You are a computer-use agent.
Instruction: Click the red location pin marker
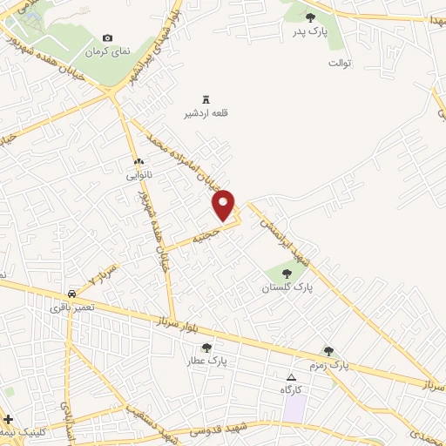pos(225,205)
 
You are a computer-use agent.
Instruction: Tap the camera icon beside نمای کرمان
pos(107,37)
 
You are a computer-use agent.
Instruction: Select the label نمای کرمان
pos(107,52)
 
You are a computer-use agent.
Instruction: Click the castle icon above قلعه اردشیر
pos(206,98)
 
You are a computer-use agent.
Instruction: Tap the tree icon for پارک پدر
pos(309,17)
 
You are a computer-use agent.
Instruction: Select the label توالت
pos(339,64)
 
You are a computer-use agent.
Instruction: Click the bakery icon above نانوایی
pos(139,161)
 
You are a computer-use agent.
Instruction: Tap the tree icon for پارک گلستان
pos(287,273)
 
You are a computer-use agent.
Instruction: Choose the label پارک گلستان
pos(287,287)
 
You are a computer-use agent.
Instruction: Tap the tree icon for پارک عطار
pos(206,347)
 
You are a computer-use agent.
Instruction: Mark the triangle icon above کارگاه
pos(292,376)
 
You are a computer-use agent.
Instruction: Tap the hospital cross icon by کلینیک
pos(8,420)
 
